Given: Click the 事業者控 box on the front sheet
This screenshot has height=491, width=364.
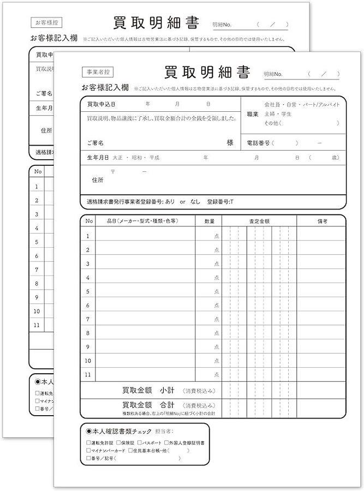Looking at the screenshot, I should coord(97,71).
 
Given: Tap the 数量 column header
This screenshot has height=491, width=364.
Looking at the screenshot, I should coord(210,221).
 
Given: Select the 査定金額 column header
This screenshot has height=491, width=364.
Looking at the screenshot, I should coord(260,221).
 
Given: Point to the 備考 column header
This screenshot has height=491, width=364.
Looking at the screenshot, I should coord(321,221).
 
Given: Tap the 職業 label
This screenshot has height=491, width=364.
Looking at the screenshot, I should coord(253,114).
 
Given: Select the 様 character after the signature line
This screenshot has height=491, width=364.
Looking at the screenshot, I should coord(230,142).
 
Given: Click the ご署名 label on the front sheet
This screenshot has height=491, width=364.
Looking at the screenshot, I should coord(96,143).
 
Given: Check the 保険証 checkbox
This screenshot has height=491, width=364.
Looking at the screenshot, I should coord(118,443).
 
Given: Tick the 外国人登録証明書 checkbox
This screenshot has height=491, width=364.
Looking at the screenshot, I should coord(167,443).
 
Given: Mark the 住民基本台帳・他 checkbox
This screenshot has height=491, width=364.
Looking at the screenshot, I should coord(130,451).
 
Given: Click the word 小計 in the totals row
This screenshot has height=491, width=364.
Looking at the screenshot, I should coord(167,391).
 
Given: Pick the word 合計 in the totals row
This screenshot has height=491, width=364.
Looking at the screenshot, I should coord(167,405).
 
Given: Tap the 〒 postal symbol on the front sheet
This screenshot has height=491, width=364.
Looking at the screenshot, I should coord(113,171).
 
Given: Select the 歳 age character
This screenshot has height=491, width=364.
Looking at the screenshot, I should coord(335,158).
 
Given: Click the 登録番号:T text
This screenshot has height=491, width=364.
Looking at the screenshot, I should coord(220,201).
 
